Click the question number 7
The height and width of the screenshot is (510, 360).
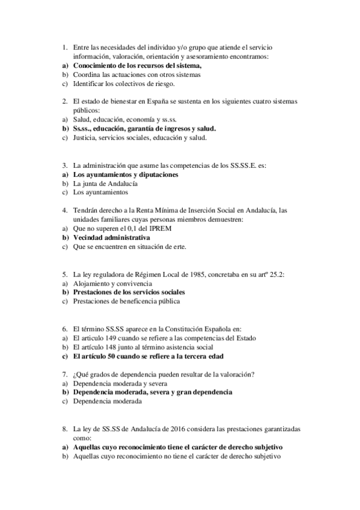click(64, 375)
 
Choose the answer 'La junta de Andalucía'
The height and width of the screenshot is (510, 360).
click(105, 183)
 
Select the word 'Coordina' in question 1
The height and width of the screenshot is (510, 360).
click(85, 75)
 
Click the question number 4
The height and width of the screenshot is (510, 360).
click(64, 210)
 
